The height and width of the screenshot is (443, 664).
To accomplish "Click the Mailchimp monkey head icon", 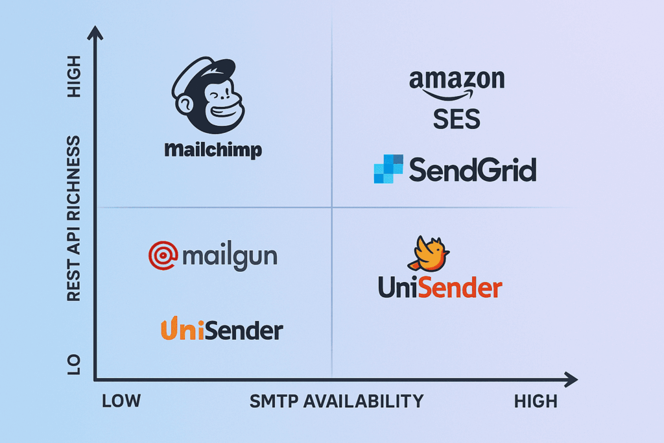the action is click(208, 95).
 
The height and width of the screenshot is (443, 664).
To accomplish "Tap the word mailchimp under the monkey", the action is click(213, 150).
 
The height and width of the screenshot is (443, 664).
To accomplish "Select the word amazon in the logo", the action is click(457, 80).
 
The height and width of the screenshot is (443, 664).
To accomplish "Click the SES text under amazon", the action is click(456, 119).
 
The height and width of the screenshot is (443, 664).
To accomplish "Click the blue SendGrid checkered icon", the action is click(388, 169).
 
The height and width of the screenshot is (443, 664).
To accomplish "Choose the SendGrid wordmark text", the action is click(473, 169).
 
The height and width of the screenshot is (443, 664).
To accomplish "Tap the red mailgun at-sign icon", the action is click(163, 256).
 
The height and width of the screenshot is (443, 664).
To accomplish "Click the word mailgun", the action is click(230, 256).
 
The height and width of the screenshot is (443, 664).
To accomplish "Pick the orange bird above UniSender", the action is click(429, 254).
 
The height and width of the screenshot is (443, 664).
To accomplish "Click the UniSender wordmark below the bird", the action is click(440, 287).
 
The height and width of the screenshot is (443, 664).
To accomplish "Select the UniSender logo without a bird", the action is click(222, 329).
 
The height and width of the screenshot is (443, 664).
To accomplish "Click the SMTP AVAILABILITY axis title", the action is click(337, 401).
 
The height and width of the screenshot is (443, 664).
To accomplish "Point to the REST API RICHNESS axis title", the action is click(74, 219).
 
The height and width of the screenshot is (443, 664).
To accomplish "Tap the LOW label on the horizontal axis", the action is click(121, 401).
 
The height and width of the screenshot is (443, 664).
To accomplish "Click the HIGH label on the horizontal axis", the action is click(536, 401).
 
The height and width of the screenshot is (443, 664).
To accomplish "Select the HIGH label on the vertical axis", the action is click(74, 77).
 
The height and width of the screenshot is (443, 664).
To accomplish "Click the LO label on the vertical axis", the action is click(74, 365).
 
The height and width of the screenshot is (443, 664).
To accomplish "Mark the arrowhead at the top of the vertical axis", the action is click(95, 32).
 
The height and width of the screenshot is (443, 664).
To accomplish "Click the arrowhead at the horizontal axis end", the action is click(571, 379).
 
